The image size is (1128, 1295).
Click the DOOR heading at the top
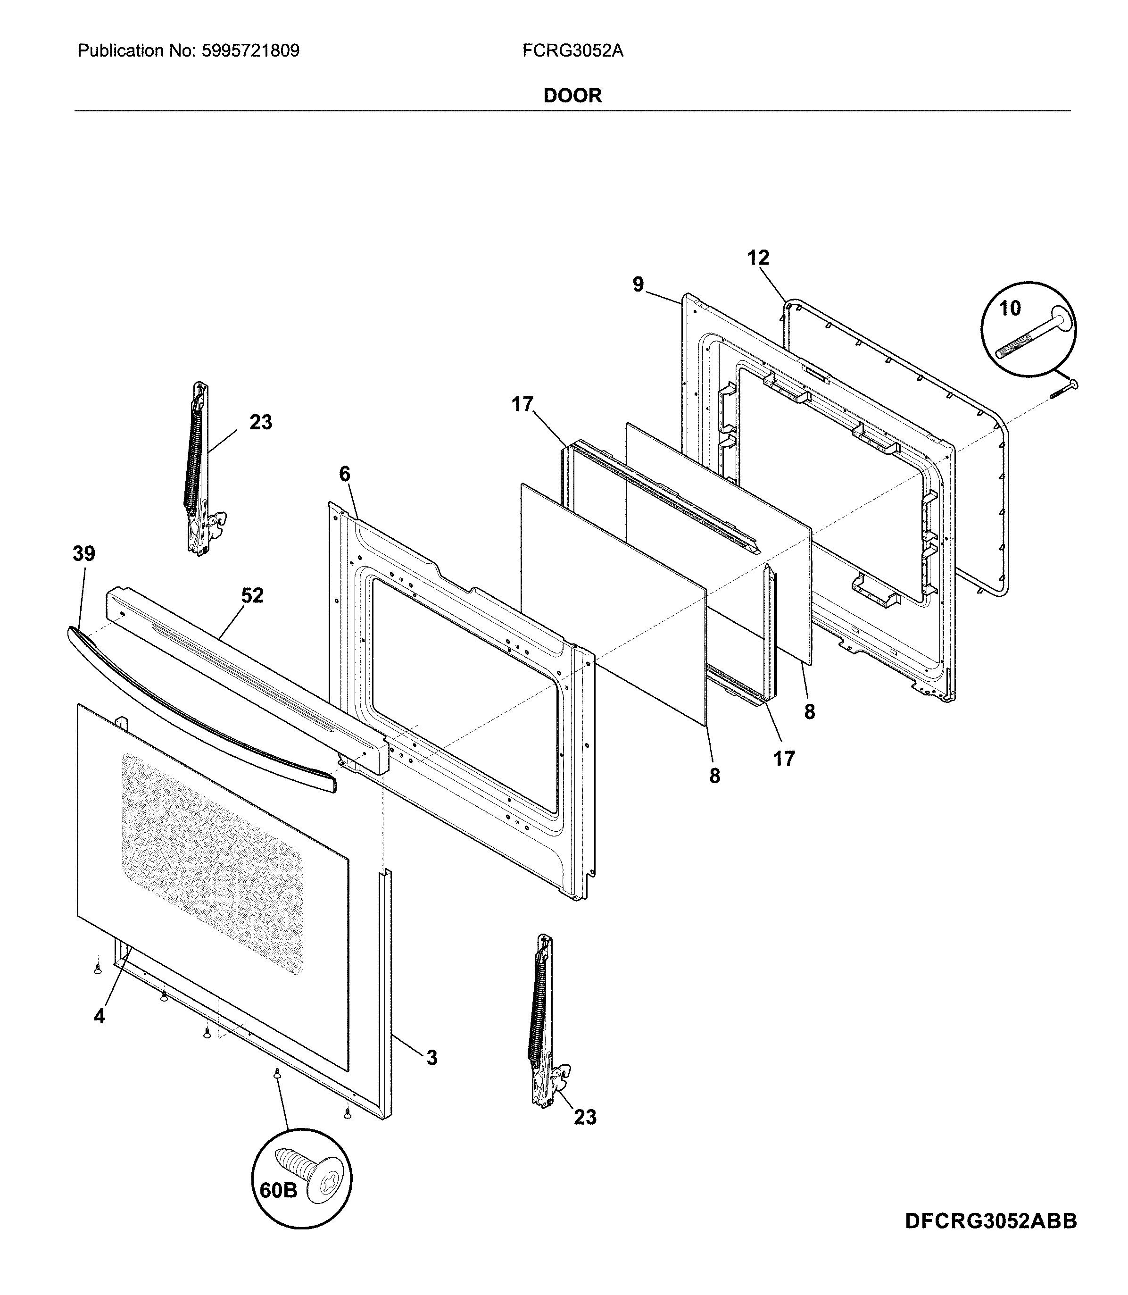click(572, 96)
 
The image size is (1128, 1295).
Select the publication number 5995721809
click(250, 51)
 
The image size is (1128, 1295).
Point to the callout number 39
click(84, 554)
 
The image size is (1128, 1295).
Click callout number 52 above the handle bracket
click(252, 595)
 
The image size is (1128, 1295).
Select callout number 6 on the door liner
click(344, 474)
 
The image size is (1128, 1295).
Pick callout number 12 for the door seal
click(758, 258)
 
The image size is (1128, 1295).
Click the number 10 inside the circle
click(1010, 309)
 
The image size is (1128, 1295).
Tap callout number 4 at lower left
click(99, 1015)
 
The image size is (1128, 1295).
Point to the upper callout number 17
click(522, 403)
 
